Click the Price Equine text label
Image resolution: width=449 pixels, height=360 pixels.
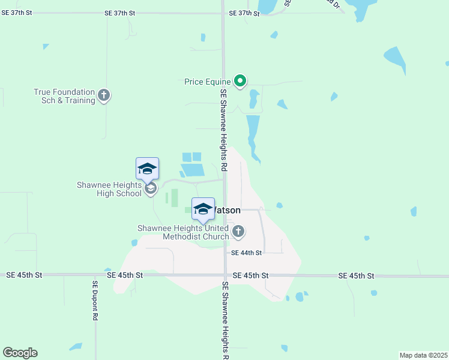208,80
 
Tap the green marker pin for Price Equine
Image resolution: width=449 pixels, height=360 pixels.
240,80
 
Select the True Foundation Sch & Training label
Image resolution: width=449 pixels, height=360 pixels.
64,96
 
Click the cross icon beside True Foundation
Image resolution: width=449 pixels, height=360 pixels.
104,95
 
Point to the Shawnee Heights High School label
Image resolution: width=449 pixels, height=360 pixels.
109,189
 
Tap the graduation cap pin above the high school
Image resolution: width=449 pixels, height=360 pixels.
147,168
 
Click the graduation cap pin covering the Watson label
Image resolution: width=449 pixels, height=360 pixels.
203,209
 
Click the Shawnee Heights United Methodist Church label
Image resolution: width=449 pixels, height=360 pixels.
183,232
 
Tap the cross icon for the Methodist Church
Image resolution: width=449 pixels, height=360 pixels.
238,231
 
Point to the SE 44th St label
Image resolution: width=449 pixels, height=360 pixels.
246,253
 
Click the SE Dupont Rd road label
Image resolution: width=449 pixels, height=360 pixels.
95,301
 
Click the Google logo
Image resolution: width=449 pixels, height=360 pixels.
20,353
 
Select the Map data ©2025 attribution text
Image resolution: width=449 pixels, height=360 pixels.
423,355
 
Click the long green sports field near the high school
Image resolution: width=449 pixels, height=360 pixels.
175,197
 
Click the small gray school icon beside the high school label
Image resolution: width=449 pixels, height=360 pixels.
150,190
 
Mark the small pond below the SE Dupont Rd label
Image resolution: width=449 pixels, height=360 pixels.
76,346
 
